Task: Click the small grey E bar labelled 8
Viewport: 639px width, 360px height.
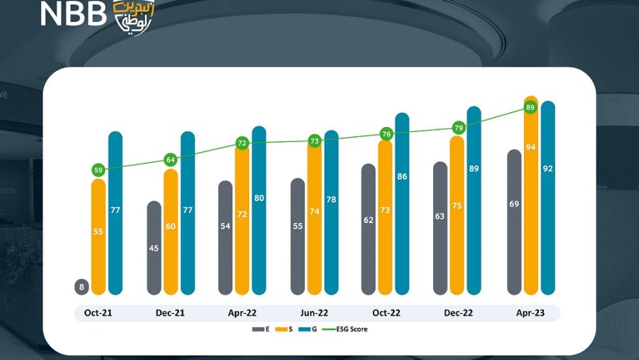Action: pos(82,287)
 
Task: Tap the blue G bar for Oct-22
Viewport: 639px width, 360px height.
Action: pos(402,206)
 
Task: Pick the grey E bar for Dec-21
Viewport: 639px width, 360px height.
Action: pos(154,249)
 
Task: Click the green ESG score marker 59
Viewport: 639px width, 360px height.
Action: pos(99,170)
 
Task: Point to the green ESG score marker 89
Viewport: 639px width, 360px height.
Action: pos(530,107)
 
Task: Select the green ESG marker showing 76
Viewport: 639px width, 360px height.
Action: pos(386,133)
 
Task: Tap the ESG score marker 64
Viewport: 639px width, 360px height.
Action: pos(170,160)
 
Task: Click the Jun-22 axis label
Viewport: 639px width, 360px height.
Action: pos(313,312)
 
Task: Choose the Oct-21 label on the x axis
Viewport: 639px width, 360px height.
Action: pos(98,312)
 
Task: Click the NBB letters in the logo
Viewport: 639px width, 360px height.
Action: pos(72,13)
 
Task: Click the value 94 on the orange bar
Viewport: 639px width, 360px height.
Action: pos(530,166)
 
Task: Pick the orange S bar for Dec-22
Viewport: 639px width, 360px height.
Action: pos(457,213)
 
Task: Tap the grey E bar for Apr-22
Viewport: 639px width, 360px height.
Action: pos(226,238)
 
